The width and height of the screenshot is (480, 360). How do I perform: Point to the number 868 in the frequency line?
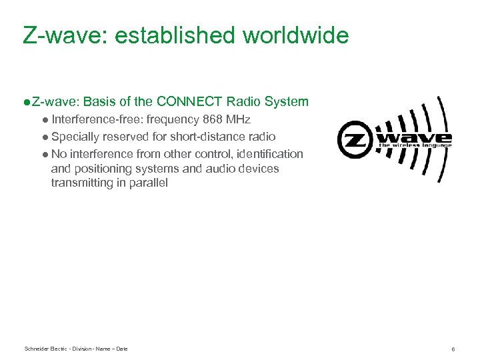tap(213, 119)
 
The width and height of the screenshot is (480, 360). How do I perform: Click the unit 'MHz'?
tap(239, 119)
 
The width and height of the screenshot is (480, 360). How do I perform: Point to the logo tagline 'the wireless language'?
tap(415, 145)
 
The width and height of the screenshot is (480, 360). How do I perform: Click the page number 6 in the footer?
tap(453, 349)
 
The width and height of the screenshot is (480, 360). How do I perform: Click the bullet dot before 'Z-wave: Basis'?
tap(25, 101)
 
